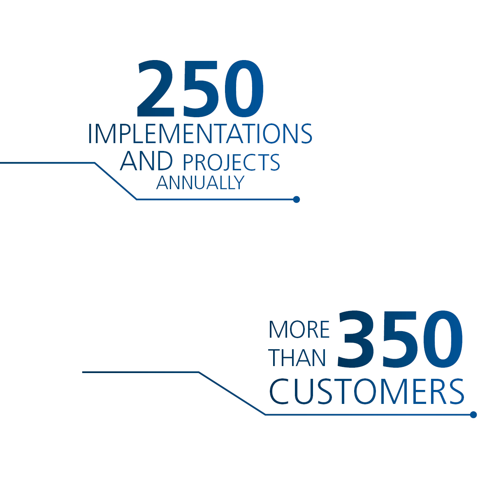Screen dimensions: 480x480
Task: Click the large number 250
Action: (200, 88)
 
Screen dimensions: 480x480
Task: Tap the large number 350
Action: (400, 339)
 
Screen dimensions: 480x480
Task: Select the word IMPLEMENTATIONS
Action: (200, 133)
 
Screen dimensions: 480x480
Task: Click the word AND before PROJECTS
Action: (146, 160)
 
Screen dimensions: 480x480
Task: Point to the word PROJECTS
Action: (232, 162)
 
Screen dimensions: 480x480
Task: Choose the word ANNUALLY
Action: (200, 183)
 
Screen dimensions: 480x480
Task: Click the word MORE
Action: (299, 329)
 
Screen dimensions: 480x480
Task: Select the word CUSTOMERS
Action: (367, 392)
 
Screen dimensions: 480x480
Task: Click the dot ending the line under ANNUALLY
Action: (296, 199)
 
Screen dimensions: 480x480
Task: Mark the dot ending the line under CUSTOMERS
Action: (473, 415)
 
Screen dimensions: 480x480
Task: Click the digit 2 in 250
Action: (155, 88)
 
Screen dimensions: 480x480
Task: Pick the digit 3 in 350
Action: (356, 339)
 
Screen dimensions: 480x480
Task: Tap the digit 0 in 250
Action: (244, 88)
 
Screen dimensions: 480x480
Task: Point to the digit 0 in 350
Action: (443, 339)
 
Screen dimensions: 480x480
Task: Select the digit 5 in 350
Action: (400, 339)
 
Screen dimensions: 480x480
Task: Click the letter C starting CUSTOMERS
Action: (279, 392)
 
